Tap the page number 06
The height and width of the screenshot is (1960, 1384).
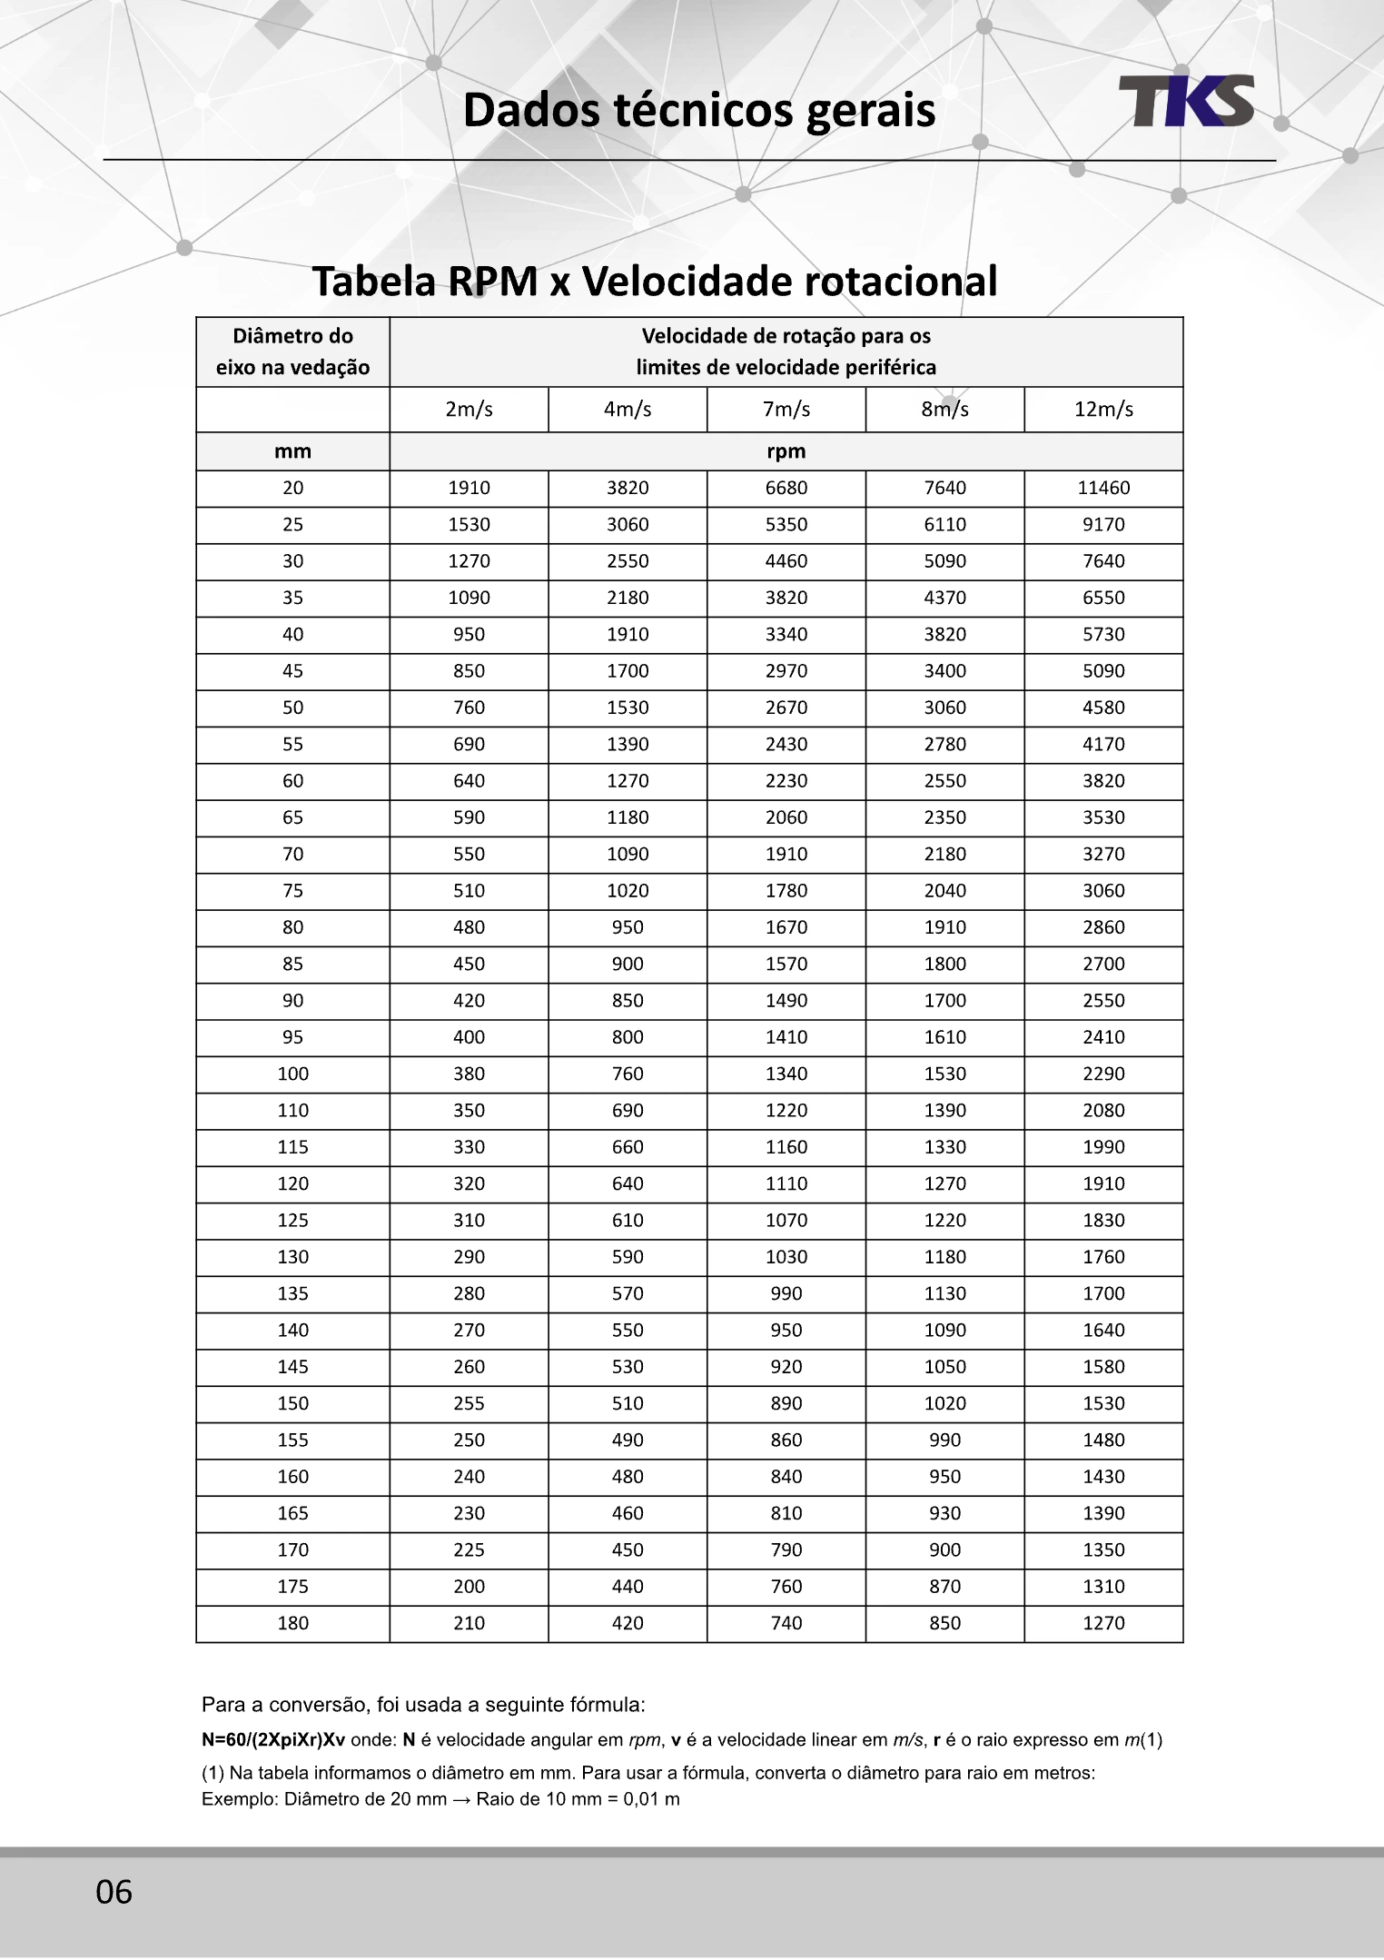114,1892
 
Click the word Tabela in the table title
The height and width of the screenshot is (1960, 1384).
373,282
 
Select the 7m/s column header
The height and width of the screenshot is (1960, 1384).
786,410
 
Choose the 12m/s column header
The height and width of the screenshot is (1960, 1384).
1103,410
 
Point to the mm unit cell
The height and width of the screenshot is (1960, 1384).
292,451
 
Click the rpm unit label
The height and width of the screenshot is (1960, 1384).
786,451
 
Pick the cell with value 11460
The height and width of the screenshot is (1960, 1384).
1103,488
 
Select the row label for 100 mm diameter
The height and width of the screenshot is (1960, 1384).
292,1074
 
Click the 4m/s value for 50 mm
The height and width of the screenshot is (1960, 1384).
628,708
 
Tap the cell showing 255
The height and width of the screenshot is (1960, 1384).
469,1403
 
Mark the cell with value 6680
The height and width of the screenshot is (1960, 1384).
786,488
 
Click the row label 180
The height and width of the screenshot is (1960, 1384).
292,1623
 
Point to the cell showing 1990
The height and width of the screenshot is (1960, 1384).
1103,1147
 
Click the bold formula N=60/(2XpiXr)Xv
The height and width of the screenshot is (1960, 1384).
272,1740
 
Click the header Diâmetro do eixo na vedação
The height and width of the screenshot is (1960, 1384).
292,351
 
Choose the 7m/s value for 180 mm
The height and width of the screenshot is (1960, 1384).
786,1623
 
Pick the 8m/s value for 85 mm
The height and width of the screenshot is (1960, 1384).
944,964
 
